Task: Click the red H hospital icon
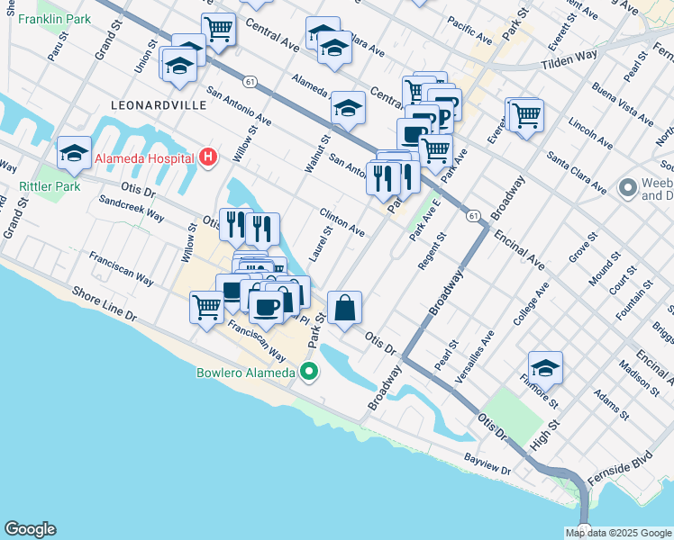tap(209, 158)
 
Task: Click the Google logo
tap(30, 529)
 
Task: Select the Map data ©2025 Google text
tap(617, 533)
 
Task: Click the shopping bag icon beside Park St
tap(344, 308)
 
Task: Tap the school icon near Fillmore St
tap(545, 367)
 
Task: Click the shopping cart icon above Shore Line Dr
tap(206, 307)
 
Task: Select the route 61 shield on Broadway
tap(472, 216)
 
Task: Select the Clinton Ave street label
tap(342, 221)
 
